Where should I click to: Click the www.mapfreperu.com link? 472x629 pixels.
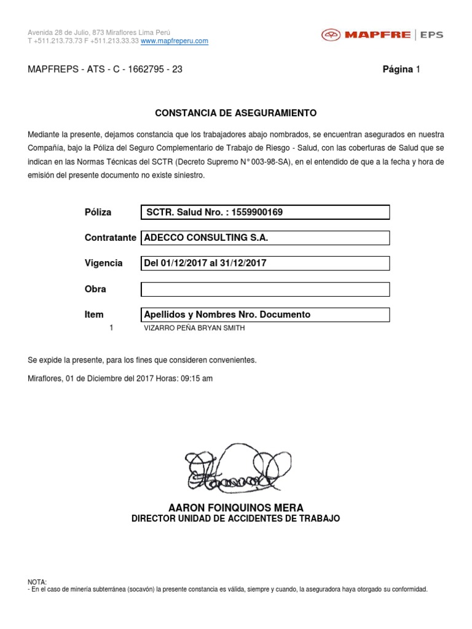175,41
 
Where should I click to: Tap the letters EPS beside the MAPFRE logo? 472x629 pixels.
431,35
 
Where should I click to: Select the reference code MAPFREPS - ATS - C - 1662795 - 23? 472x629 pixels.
105,69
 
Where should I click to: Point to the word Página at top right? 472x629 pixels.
397,69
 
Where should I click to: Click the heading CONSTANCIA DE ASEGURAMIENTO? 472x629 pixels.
235,113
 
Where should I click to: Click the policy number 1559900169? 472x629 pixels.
258,213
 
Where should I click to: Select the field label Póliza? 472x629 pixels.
98,213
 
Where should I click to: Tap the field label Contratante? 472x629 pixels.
110,238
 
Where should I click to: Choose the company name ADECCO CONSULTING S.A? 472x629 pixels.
206,238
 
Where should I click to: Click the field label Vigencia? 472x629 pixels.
103,264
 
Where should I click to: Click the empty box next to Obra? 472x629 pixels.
265,289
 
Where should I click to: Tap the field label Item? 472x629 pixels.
94,314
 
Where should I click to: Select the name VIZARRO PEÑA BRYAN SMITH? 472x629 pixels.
194,328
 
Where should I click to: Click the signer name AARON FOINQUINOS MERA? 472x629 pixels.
235,507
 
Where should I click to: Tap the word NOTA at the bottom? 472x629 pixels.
37,582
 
